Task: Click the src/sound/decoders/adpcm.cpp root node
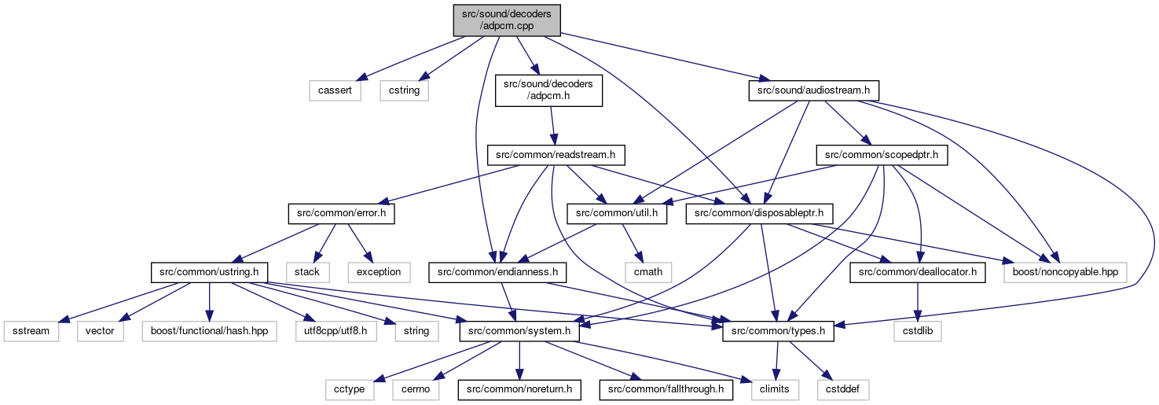click(507, 20)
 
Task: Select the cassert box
click(335, 90)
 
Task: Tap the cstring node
click(404, 90)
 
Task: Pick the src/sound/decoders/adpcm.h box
click(548, 90)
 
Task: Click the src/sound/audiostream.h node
click(813, 90)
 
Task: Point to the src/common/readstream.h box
click(556, 155)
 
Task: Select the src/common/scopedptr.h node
click(882, 155)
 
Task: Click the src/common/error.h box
click(342, 213)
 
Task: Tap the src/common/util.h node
click(617, 213)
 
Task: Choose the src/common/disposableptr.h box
click(759, 213)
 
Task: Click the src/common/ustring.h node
click(209, 272)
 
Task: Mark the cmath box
click(648, 272)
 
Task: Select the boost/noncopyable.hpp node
click(1065, 272)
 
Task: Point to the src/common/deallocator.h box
click(917, 272)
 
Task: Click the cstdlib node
click(918, 331)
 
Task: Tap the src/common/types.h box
click(778, 331)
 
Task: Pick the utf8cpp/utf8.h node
click(336, 331)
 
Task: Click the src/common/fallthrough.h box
click(666, 389)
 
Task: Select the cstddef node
click(843, 389)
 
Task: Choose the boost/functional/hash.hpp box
click(210, 331)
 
